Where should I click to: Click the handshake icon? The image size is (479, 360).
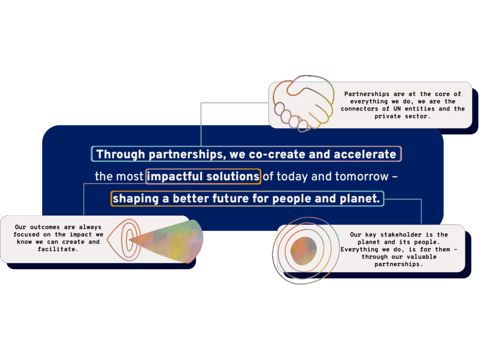coord(303,103)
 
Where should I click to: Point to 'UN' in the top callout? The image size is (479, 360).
coord(397,109)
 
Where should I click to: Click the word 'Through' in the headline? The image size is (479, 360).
coord(121,154)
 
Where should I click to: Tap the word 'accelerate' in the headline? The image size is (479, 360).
coord(365,154)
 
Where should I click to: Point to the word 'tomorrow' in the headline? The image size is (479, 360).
coord(362,176)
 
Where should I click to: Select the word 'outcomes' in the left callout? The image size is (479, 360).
coord(45,227)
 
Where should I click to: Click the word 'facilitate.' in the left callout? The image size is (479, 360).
coord(58,250)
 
